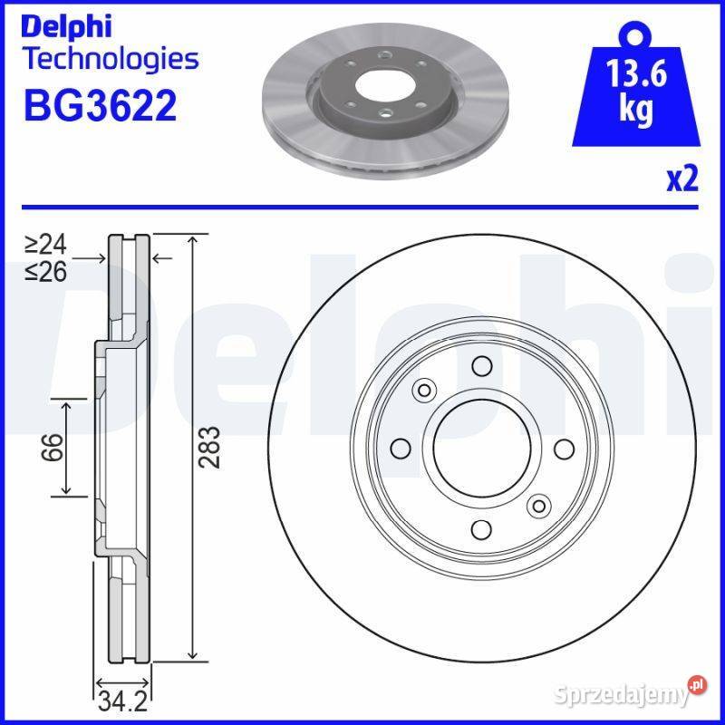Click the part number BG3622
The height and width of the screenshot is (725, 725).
tap(101, 105)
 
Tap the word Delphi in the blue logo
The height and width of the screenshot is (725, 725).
tap(66, 27)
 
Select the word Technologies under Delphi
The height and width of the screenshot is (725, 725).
tap(111, 59)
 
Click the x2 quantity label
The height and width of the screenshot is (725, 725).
tap(682, 179)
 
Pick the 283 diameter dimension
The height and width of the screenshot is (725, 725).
tap(209, 447)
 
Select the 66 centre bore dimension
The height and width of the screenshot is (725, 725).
tap(53, 447)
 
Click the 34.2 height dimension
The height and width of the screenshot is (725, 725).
tap(122, 701)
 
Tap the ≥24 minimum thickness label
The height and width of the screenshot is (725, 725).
tap(46, 244)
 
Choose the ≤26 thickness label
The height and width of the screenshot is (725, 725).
tap(46, 271)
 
